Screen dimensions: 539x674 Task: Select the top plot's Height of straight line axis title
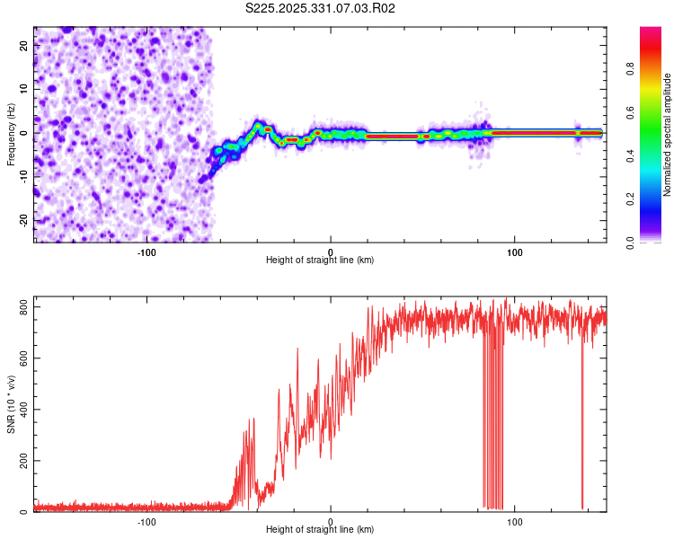coord(320,260)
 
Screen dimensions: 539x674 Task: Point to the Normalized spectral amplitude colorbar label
coord(668,135)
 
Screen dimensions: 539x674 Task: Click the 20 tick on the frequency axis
coord(24,46)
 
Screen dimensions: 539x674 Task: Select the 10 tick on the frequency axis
coord(24,89)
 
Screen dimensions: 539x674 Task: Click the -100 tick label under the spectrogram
coord(146,251)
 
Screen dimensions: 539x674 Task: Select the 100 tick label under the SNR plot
coord(515,521)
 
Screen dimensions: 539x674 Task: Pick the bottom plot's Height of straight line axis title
coord(320,530)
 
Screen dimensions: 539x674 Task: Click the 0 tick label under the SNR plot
coord(331,521)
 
